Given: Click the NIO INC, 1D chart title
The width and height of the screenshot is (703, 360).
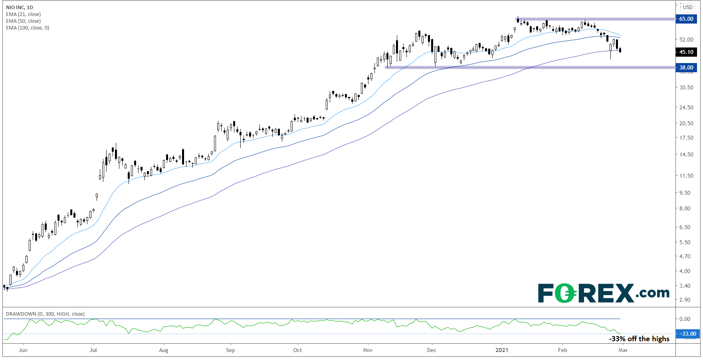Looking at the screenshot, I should point(20,8).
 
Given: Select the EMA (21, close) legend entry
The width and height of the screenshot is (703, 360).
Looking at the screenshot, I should point(23,14).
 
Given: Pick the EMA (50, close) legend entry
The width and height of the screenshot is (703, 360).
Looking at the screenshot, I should point(23,21).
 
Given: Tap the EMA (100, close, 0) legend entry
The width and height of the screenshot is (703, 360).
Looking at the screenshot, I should point(28,28).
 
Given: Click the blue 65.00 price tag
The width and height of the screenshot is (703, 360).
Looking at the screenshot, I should point(686,19).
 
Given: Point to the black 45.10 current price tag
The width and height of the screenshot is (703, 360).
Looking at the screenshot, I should point(686,52).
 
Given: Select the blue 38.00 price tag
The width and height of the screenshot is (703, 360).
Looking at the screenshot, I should point(686,67).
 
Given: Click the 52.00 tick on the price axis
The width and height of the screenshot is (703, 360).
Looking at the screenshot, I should point(686,40).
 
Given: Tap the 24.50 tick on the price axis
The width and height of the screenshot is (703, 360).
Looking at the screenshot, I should point(686,107).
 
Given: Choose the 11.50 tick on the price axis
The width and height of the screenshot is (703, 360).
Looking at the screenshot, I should point(686,176).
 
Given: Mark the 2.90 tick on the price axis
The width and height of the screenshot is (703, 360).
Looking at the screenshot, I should point(685,300).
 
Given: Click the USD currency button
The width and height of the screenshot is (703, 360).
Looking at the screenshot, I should point(687,7).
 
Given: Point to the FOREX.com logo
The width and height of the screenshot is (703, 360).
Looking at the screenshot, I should point(603,293).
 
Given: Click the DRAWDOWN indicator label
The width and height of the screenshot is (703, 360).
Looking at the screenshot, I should point(45,314).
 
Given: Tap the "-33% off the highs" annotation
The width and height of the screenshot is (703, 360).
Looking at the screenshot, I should point(639,339).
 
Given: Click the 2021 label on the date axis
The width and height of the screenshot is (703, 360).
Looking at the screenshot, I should point(502,350).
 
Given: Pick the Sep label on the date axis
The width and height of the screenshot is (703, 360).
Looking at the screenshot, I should point(230,350).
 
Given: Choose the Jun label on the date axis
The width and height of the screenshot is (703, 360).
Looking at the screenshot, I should point(23,350).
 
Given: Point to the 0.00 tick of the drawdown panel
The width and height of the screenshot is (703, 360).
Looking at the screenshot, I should point(685,319).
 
